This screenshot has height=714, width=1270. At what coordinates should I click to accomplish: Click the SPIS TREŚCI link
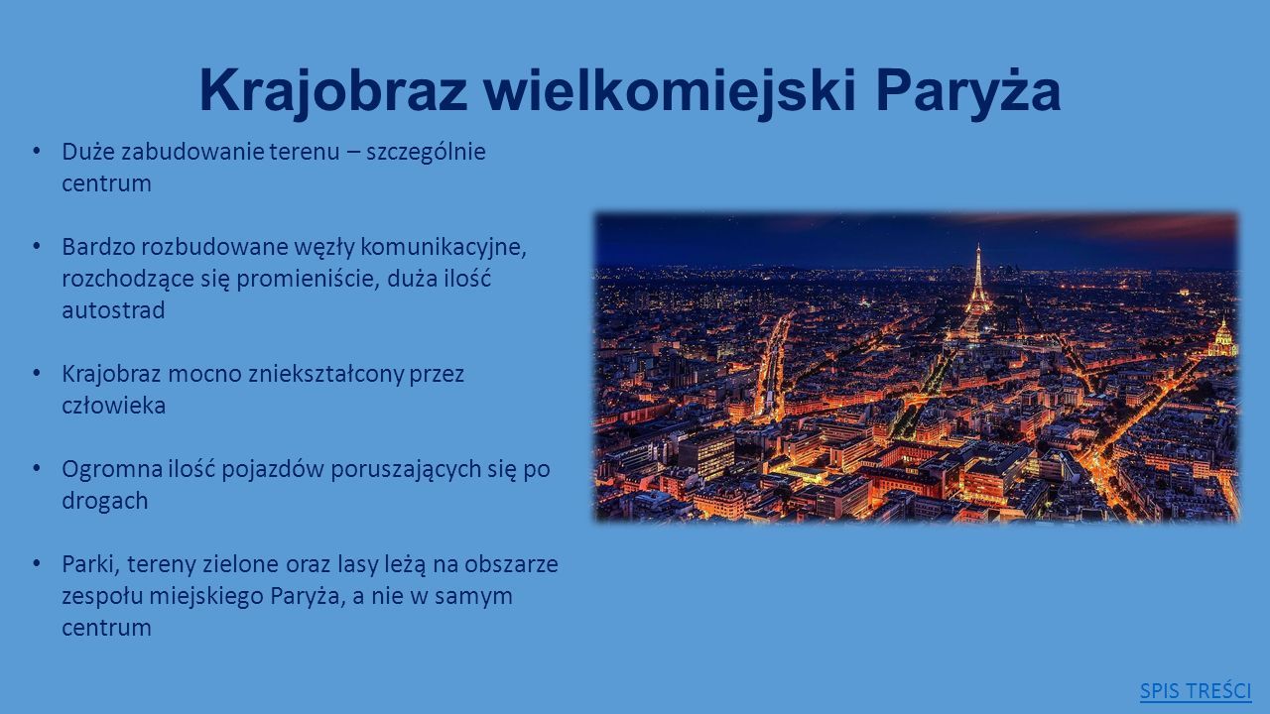[1196, 691]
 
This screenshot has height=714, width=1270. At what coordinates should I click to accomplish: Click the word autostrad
[113, 310]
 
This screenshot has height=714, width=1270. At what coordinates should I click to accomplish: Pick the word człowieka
[113, 406]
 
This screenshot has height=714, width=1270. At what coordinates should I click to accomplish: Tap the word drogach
[105, 501]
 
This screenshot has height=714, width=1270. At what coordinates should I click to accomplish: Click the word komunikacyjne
[444, 248]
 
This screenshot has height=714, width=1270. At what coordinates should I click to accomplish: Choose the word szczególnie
[426, 153]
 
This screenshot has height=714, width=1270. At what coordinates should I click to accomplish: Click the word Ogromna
[112, 470]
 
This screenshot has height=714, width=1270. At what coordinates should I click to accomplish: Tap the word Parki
[90, 564]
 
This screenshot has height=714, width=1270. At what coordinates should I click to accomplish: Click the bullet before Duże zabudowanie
[37, 152]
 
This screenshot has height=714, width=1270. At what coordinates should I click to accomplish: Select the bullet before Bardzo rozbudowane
[37, 247]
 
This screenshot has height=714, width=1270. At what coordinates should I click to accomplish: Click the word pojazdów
[272, 470]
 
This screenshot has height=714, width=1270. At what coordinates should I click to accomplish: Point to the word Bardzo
[98, 247]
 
